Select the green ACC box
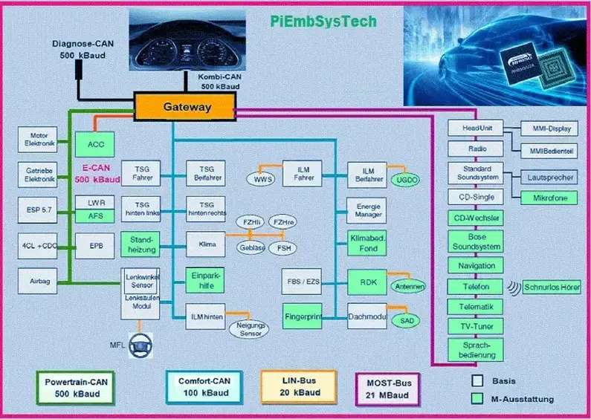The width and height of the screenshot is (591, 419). click(96, 144)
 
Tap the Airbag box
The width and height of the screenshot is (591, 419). click(37, 282)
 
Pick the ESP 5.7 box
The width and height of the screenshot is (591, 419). click(37, 210)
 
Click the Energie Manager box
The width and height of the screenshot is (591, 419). click(366, 210)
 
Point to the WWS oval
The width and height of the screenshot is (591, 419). click(265, 180)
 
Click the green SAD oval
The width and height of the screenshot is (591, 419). click(406, 321)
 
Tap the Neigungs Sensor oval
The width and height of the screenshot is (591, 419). click(251, 329)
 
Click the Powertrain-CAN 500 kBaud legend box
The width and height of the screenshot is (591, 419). click(75, 387)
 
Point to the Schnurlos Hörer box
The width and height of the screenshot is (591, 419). click(551, 287)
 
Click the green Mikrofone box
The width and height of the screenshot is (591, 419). click(549, 198)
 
